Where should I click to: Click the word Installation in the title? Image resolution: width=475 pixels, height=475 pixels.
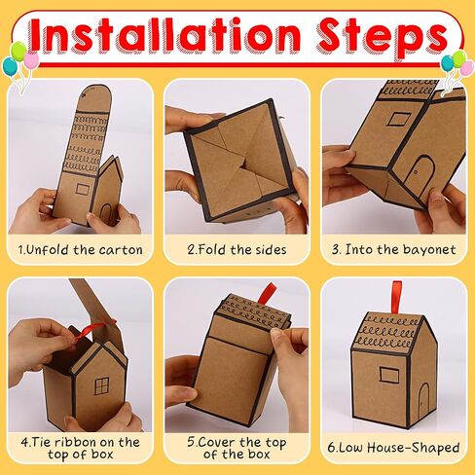165,36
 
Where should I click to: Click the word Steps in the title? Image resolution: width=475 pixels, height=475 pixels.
383,38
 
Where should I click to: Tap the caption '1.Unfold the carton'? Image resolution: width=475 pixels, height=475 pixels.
80,250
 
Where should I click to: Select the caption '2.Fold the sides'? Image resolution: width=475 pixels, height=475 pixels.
237,250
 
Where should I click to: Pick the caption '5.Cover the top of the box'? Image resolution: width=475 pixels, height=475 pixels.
237,448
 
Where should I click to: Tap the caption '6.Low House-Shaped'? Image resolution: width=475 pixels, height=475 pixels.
393,448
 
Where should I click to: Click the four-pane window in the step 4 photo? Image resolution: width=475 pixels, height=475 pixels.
101,386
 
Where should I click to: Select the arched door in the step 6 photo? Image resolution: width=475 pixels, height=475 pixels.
423,401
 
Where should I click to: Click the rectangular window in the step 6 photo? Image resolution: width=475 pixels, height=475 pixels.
389,375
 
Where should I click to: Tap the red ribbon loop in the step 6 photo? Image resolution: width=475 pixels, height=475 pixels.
396,297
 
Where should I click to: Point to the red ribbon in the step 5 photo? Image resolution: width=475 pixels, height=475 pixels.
267,294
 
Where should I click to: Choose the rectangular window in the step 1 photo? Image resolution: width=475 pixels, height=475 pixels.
83,189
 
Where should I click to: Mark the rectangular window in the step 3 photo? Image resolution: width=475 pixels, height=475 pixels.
399,118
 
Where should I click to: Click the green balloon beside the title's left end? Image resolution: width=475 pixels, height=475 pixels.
18,52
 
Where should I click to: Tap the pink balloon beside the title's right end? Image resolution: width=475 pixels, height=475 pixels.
467,68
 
